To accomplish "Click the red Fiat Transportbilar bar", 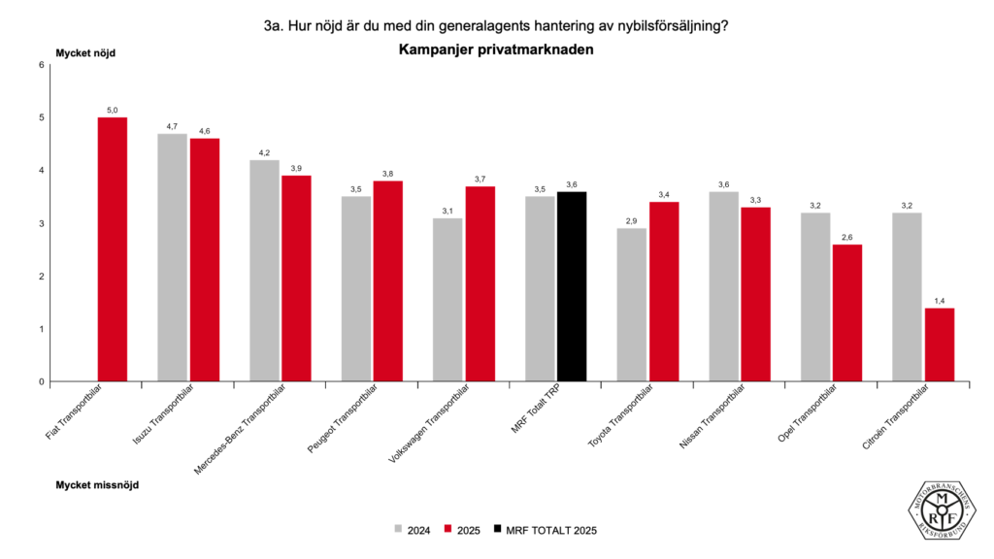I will coord(113,249).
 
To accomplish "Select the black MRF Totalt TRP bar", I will coord(572,286).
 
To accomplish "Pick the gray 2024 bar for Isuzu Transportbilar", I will coord(173,257).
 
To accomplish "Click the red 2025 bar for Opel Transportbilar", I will coord(847,312).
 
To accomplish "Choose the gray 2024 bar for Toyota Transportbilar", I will coord(632,305).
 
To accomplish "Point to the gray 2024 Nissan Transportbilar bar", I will coord(723,286).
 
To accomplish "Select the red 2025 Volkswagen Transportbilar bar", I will coord(480,283).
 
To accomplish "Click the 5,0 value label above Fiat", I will coord(113,111).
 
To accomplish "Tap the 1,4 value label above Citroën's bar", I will coord(939,301).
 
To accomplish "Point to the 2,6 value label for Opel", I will coord(847,238).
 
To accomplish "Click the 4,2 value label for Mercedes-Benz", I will coord(264,153).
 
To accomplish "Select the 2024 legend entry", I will coord(412,530).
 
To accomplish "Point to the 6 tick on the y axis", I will coord(42,65).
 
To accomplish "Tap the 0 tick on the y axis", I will coord(42,381).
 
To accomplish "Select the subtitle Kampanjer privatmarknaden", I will coord(496,49).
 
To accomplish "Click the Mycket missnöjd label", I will coord(97,483).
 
